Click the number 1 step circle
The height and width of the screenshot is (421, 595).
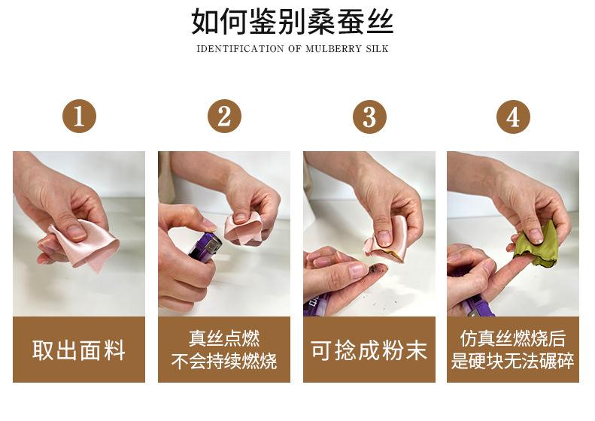(x=79, y=117)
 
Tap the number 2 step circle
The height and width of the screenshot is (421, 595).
(x=224, y=117)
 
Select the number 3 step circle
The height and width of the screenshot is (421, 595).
(x=369, y=117)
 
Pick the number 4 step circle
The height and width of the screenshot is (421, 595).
(x=514, y=117)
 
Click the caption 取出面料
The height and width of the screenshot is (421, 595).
(x=79, y=350)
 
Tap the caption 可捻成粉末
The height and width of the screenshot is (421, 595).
(x=369, y=350)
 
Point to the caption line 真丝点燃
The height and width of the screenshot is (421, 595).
(x=224, y=338)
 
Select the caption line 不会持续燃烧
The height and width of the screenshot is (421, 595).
(x=224, y=361)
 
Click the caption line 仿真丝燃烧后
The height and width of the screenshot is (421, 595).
(x=513, y=338)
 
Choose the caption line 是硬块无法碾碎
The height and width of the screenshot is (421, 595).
(x=513, y=361)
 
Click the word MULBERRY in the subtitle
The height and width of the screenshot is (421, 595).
(x=333, y=49)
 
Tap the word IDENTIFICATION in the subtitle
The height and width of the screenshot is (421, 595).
(x=240, y=49)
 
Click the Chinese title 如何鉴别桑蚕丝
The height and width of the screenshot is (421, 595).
(x=293, y=21)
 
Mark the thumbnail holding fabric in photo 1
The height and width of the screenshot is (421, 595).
(x=76, y=232)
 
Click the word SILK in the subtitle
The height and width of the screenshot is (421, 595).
(x=378, y=49)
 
